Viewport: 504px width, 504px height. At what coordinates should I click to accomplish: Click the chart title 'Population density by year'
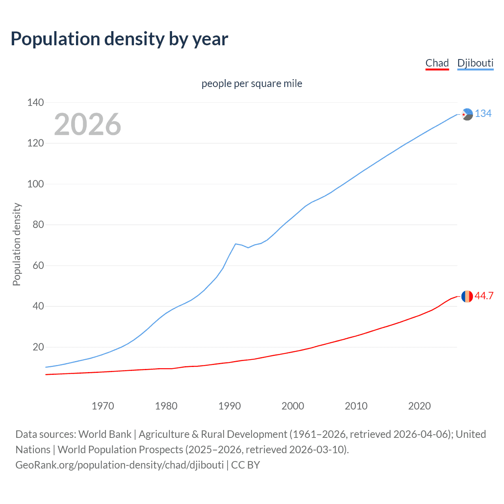pos(119,39)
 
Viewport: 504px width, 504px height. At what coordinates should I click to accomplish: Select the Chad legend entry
pos(437,63)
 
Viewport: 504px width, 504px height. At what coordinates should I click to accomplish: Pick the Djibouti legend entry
pos(475,63)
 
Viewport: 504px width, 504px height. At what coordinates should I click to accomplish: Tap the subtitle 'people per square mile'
pos(252,84)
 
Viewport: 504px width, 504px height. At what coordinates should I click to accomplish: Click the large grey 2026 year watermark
pos(87,124)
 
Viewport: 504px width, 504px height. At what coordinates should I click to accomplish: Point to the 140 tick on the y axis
pos(35,102)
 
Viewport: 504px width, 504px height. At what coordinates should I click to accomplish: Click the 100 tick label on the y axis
pos(35,184)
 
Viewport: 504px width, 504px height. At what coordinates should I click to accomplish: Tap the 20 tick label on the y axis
pos(38,347)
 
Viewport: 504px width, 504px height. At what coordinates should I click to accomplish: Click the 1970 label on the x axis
pos(103,406)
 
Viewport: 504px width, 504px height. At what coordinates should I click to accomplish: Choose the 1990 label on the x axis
pos(230,406)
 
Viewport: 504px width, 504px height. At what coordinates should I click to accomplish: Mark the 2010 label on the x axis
pos(356,406)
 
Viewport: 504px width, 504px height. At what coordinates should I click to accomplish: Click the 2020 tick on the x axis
pos(419,406)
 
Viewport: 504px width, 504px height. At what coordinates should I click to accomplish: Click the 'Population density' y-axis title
pos(17,244)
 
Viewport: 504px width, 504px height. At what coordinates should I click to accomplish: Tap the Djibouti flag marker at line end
pos(467,114)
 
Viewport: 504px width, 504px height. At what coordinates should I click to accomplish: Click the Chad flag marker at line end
pos(467,296)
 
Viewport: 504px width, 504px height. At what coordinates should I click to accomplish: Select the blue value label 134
pos(483,114)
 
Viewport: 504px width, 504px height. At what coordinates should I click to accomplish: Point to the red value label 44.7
pos(484,296)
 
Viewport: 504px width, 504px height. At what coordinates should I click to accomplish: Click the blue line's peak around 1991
pos(235,244)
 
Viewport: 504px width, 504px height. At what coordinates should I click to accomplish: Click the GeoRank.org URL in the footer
pos(120,465)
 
